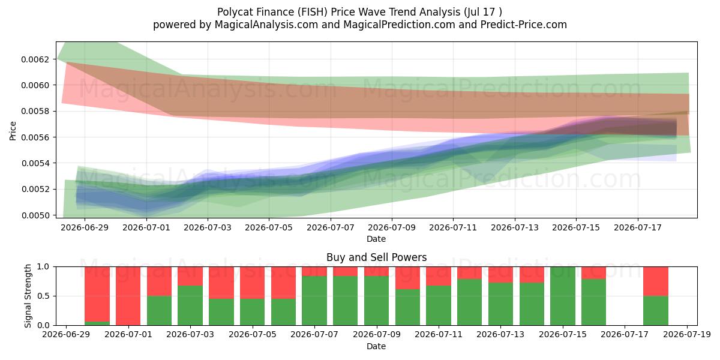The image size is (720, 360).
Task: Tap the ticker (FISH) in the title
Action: [313, 12]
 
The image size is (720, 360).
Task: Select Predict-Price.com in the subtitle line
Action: [524, 25]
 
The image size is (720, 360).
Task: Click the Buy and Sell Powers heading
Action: [376, 257]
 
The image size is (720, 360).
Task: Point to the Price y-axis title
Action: [13, 131]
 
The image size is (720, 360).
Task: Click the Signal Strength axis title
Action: [28, 296]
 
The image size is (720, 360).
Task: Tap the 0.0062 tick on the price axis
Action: [35, 59]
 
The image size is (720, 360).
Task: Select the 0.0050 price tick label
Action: [35, 215]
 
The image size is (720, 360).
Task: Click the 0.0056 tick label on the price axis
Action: [35, 137]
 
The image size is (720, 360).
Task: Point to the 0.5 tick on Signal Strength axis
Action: [43, 296]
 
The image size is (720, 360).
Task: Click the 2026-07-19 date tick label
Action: [687, 335]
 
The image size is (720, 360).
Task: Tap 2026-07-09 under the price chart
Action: [392, 227]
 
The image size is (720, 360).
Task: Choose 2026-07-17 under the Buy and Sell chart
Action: [625, 335]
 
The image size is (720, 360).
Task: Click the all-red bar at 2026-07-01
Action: [128, 296]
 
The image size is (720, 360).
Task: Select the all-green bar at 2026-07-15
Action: [563, 296]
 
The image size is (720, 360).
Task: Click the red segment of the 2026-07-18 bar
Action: [656, 281]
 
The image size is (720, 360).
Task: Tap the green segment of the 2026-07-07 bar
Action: [314, 301]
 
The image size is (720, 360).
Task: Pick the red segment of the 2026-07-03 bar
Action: [190, 276]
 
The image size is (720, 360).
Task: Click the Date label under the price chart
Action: [376, 239]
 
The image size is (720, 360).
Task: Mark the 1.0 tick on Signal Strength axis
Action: [43, 266]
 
